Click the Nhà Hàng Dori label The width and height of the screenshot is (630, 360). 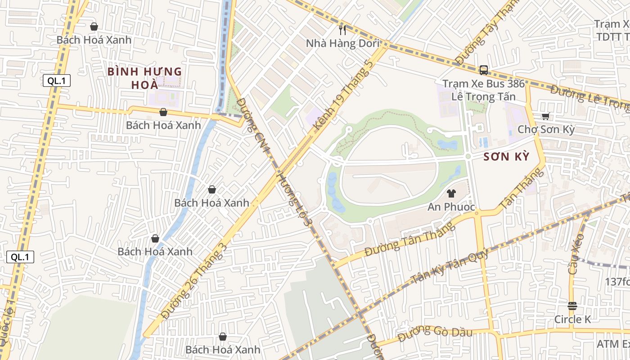coord(342,44)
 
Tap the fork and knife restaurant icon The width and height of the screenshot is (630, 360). coord(342,30)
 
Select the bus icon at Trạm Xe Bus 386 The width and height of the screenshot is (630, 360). coord(484,70)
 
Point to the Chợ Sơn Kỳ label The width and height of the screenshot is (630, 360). coord(546,130)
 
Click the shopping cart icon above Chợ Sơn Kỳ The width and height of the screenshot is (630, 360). coord(546,116)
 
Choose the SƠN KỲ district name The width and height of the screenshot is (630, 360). coord(506,157)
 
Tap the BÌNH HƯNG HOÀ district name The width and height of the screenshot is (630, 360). coord(144,78)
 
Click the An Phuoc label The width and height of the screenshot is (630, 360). coord(451,207)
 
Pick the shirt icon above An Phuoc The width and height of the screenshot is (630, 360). coord(451,193)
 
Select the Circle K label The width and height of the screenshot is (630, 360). coord(572,319)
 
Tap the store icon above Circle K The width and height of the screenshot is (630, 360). coord(572,306)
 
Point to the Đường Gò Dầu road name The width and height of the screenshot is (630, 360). coord(435,332)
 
